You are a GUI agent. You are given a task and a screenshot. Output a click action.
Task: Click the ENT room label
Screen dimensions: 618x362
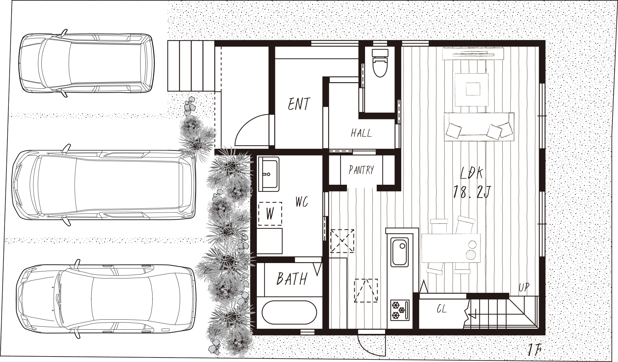tap(299, 104)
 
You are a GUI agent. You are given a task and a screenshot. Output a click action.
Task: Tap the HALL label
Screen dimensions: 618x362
tap(361, 133)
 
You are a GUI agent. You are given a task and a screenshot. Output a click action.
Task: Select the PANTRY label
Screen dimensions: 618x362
tap(361, 170)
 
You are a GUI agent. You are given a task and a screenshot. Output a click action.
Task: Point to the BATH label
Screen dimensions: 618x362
tap(292, 279)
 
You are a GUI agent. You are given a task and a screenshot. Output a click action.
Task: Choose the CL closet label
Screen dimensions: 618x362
tap(441, 309)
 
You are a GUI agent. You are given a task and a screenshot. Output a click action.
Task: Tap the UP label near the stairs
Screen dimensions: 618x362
tap(524, 287)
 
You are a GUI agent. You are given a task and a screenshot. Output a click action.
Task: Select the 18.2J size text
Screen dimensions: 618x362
tap(472, 192)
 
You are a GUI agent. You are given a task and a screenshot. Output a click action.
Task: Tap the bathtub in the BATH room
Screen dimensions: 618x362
tap(289, 312)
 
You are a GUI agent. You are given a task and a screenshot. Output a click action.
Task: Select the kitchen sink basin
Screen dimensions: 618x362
tap(399, 252)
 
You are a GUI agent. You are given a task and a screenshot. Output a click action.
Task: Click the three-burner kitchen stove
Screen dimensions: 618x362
tap(400, 310)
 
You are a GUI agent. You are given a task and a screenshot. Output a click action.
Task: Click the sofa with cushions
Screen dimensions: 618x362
tap(479, 127)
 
